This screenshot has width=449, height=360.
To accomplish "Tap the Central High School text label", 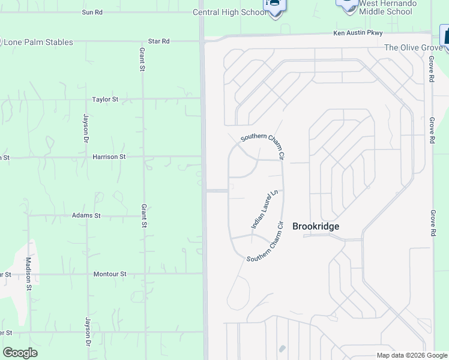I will pos(229,12).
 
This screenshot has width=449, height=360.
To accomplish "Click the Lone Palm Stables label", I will pos(38,43).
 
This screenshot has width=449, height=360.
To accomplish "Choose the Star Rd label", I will pos(159,41).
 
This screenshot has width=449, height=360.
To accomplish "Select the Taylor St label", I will pos(105,100).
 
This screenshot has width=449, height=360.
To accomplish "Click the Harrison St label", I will pos(109,157).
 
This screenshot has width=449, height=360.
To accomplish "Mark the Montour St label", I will pos(110,274).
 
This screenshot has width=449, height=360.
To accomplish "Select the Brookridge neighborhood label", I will pos(316,226).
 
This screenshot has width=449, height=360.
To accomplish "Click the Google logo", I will pos(20,353).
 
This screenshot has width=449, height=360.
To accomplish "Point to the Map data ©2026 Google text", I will pos(411,355).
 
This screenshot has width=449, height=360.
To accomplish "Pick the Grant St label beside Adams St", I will pos(143,216).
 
